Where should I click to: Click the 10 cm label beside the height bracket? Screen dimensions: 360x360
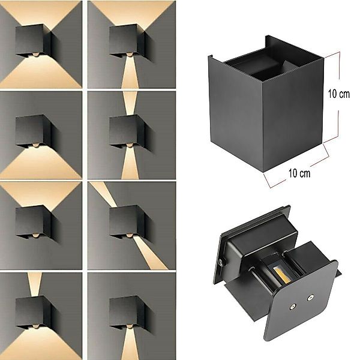(x=338, y=94)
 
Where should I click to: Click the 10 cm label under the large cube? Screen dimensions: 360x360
(x=299, y=173)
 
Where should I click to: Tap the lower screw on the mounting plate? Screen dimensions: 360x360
(x=293, y=307)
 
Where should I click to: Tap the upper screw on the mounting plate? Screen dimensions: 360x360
(x=310, y=298)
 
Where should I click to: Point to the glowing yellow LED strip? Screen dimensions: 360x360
(x=280, y=275)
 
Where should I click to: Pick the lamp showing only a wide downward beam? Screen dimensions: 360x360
(x=34, y=131)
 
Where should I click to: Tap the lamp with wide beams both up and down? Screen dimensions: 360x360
(x=34, y=41)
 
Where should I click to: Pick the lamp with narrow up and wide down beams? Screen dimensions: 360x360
(x=34, y=312)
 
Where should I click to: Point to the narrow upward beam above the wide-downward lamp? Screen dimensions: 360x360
(x=35, y=284)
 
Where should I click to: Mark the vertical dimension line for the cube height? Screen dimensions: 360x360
(x=339, y=97)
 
